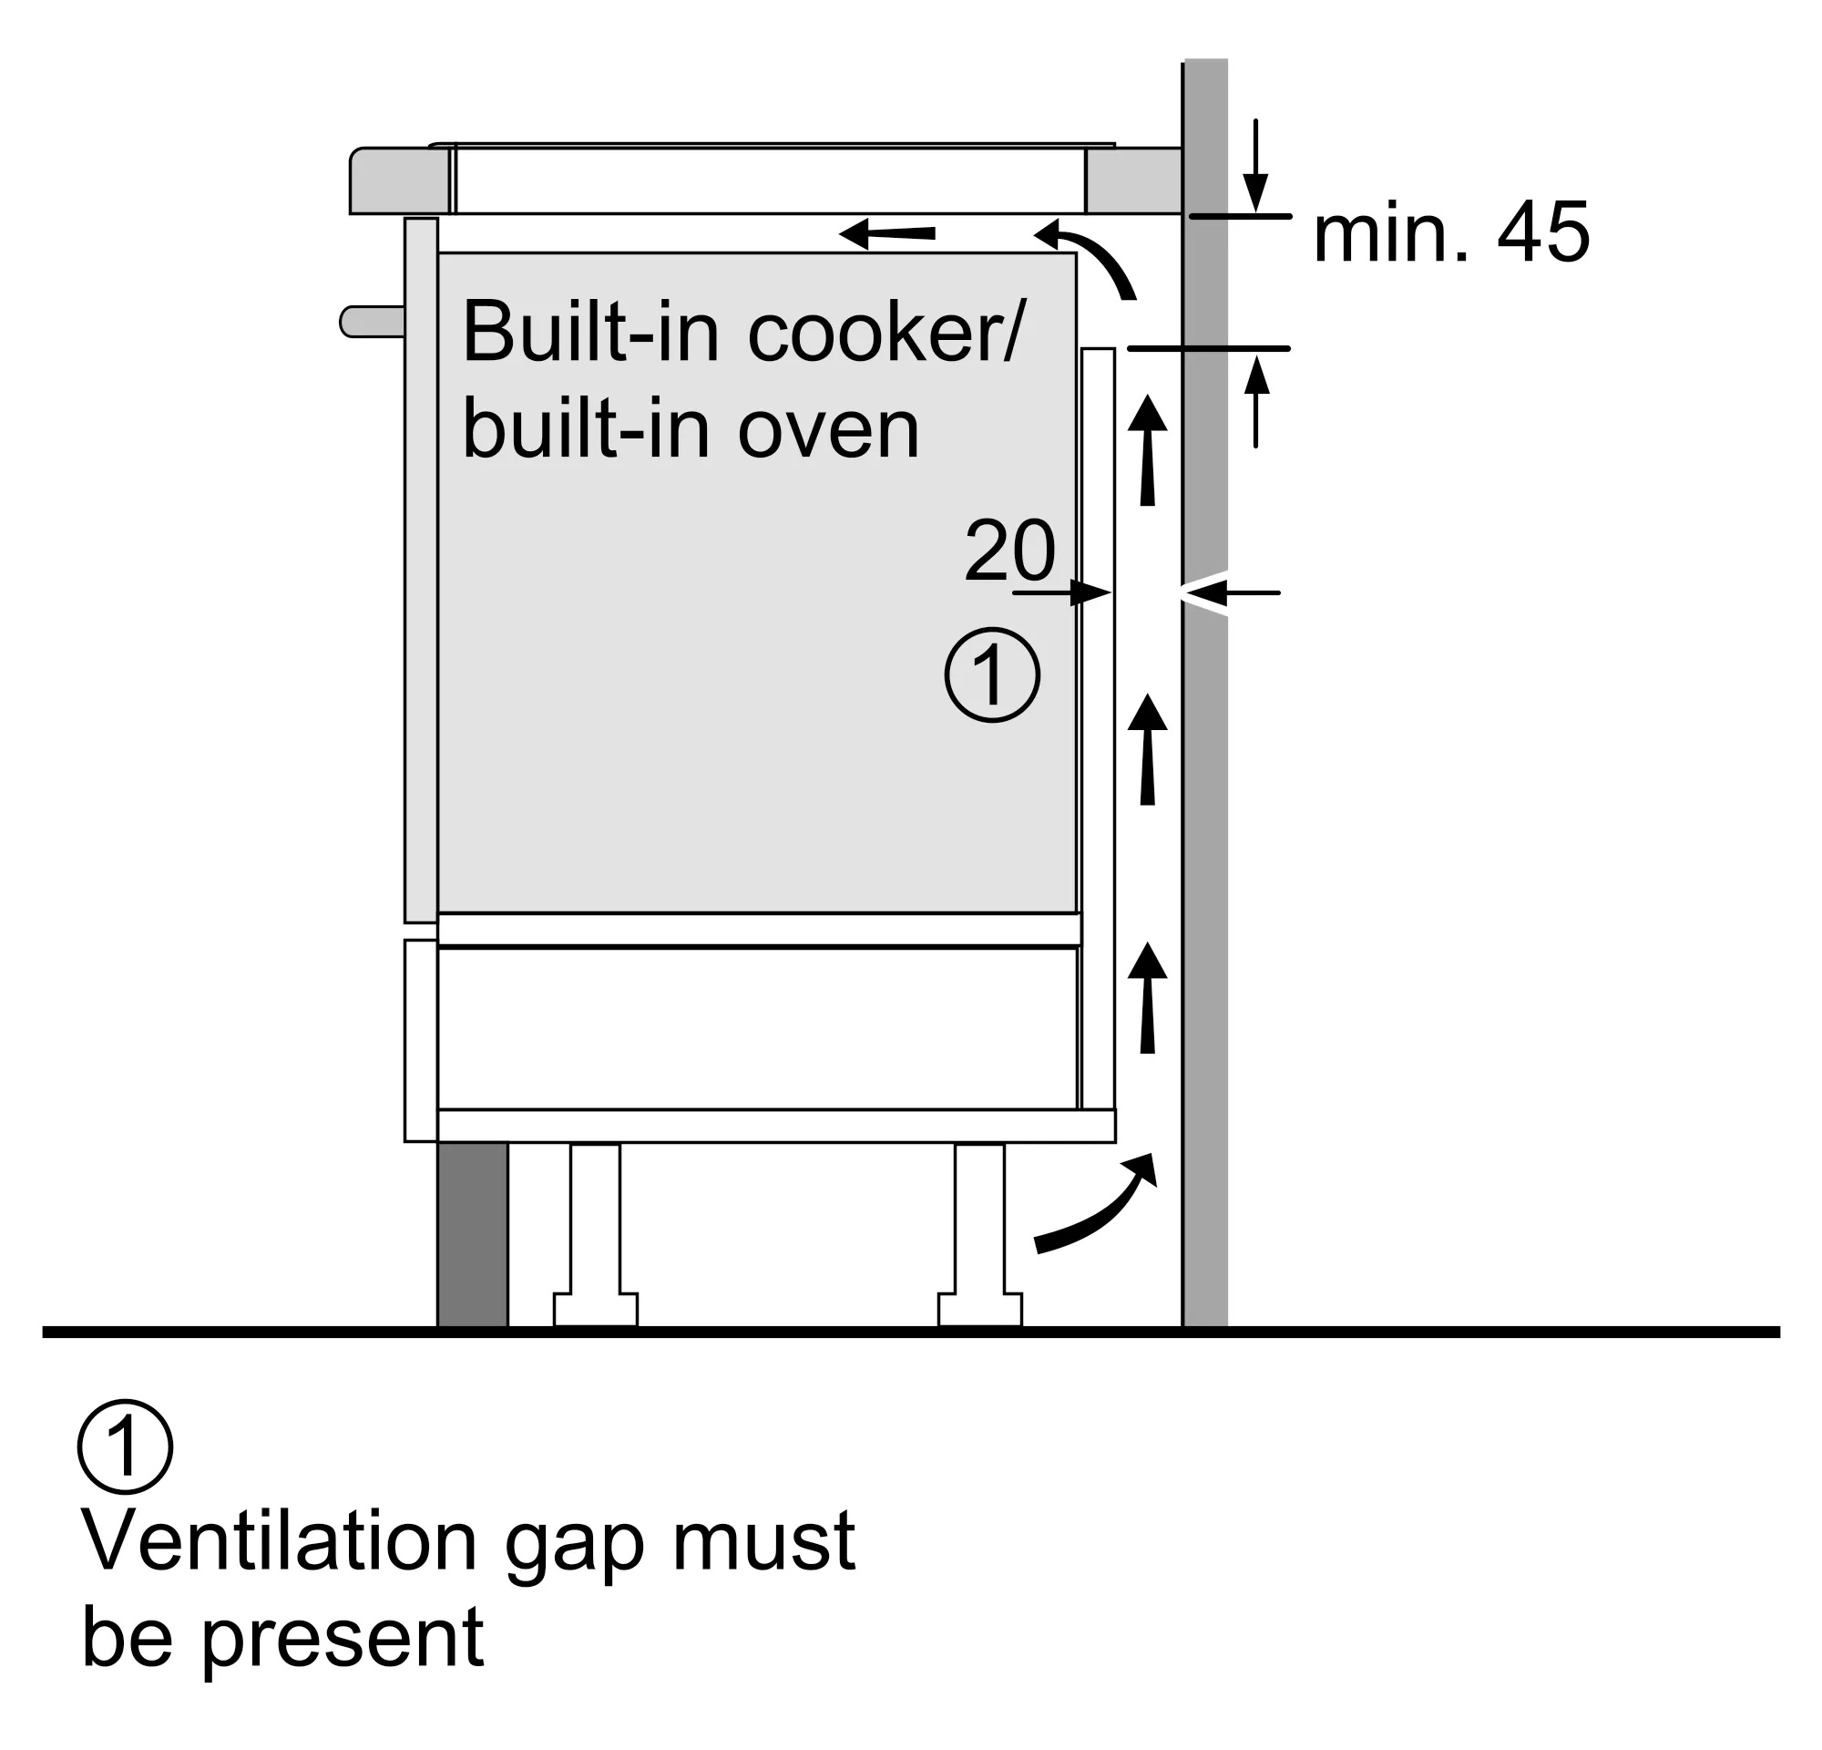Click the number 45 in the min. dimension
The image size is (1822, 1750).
1543,232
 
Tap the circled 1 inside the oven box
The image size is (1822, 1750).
992,675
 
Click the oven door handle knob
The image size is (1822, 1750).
370,322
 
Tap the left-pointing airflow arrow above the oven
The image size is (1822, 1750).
887,233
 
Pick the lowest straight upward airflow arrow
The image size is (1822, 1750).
1147,999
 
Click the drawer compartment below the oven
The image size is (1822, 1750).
757,1027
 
